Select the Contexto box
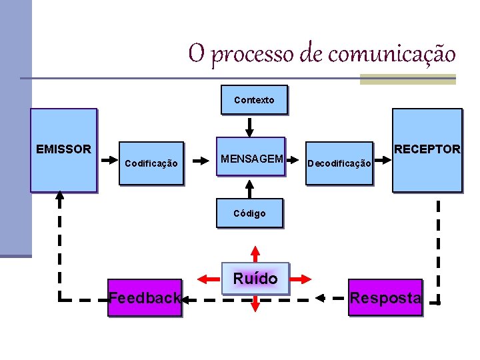click(x=254, y=100)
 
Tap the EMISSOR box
click(x=63, y=150)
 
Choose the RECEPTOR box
click(x=427, y=150)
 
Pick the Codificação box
click(x=151, y=163)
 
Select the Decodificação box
click(x=339, y=163)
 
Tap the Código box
click(x=249, y=213)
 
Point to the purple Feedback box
click(x=145, y=297)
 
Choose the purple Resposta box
click(x=385, y=297)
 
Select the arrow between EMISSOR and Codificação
click(x=107, y=161)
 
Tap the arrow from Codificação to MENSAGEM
click(x=200, y=161)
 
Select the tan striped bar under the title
click(x=407, y=79)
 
